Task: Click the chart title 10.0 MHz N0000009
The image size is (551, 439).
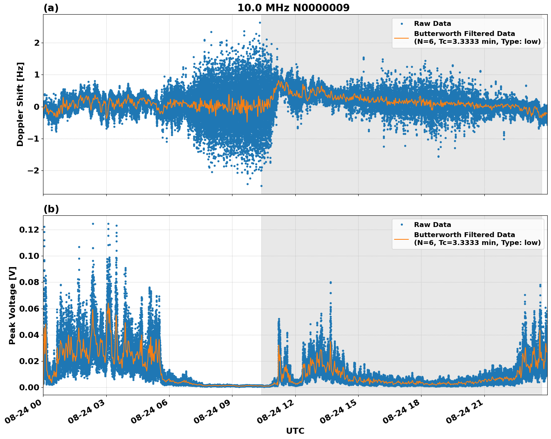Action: [x=293, y=8]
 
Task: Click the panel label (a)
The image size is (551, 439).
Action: [x=51, y=8]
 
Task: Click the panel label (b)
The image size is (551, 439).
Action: [x=51, y=209]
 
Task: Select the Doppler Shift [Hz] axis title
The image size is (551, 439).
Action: [x=20, y=104]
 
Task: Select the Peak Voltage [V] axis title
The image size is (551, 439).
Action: [x=12, y=305]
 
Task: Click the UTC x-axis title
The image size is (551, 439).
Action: [x=295, y=431]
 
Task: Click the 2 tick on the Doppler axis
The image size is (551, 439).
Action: [x=36, y=43]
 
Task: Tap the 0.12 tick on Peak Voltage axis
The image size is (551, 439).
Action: [x=29, y=230]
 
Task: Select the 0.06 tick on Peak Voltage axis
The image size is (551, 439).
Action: [x=29, y=309]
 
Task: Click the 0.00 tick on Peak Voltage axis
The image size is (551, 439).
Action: [x=29, y=387]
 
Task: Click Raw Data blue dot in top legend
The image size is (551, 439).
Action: [x=402, y=24]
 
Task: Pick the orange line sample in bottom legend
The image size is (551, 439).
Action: [x=402, y=239]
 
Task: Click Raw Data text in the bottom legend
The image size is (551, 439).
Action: [x=432, y=225]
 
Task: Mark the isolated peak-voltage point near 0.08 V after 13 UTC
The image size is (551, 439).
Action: [x=331, y=282]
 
